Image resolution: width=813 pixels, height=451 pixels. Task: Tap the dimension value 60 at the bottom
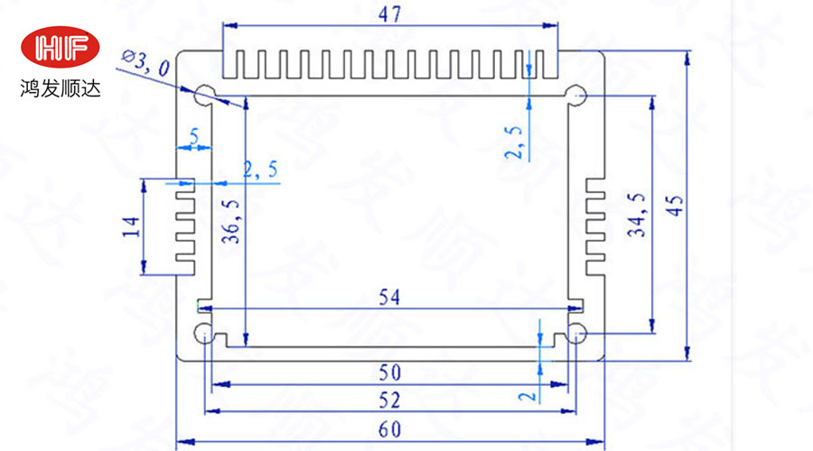pyautogui.click(x=390, y=429)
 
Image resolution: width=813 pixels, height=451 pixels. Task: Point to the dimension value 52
pyautogui.click(x=390, y=400)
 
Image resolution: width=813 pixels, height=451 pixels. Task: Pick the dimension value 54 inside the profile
pyautogui.click(x=390, y=297)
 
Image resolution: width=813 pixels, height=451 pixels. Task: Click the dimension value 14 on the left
pyautogui.click(x=128, y=225)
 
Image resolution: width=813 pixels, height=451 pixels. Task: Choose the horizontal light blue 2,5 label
pyautogui.click(x=260, y=169)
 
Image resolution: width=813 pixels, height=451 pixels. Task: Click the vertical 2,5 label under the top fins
pyautogui.click(x=515, y=143)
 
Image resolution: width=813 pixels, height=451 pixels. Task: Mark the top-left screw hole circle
pyautogui.click(x=202, y=93)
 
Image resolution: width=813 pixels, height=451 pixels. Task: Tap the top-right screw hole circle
pyautogui.click(x=576, y=96)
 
